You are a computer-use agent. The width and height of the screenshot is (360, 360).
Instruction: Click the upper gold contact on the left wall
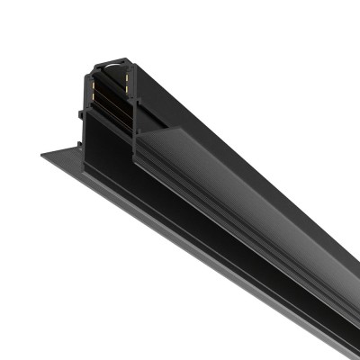click(94, 76)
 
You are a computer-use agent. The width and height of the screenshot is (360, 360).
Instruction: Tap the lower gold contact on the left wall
click(94, 94)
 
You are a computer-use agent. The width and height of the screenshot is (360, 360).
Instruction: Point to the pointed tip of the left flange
click(41, 156)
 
